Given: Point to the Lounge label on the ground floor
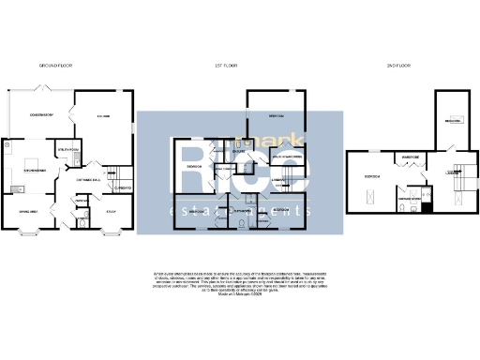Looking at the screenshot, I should pos(104,115).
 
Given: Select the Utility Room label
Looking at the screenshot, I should pos(67,149).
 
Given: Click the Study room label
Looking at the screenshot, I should pos(110,211).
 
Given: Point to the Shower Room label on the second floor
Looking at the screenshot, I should pos(409,199).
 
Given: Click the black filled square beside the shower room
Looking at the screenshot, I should pos(426,208).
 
